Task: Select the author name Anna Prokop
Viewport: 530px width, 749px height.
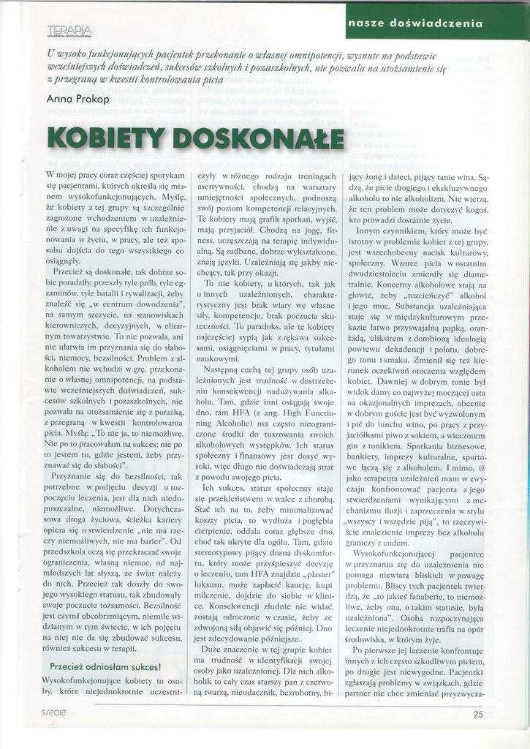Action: click(77, 98)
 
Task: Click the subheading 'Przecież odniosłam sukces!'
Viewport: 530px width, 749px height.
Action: click(105, 667)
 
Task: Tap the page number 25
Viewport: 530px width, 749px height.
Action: click(478, 715)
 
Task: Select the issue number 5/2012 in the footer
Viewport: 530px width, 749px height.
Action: click(57, 715)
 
